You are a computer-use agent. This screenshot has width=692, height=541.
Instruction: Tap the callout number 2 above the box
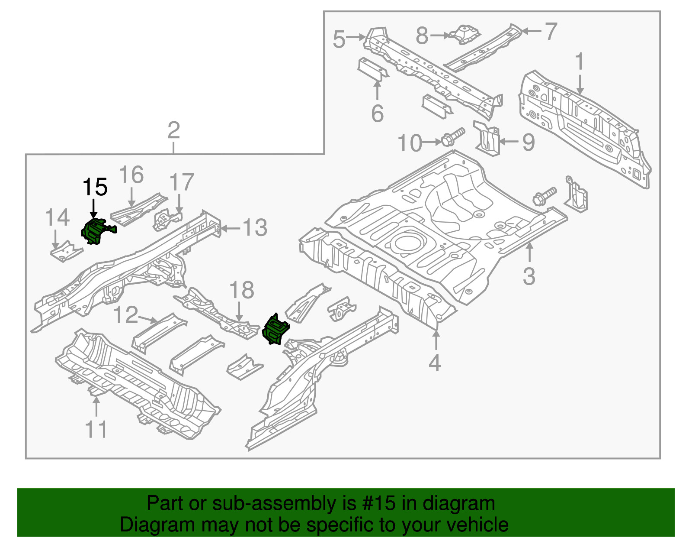coord(173,130)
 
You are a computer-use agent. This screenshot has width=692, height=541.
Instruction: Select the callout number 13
coord(255,228)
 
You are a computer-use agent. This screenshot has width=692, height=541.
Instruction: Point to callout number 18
coord(242,290)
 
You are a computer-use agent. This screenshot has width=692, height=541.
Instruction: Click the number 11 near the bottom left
coord(96,429)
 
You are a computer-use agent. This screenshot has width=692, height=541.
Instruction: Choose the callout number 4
coord(435,363)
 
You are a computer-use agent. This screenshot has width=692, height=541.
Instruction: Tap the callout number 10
coord(410,143)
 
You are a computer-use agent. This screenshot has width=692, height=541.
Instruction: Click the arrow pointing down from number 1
coord(580,84)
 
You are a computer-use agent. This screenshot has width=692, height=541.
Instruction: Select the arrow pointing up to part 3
coord(529,252)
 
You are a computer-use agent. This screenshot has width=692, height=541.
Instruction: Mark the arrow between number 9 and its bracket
coord(509,141)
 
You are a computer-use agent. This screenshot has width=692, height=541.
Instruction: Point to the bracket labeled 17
coord(167,219)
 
